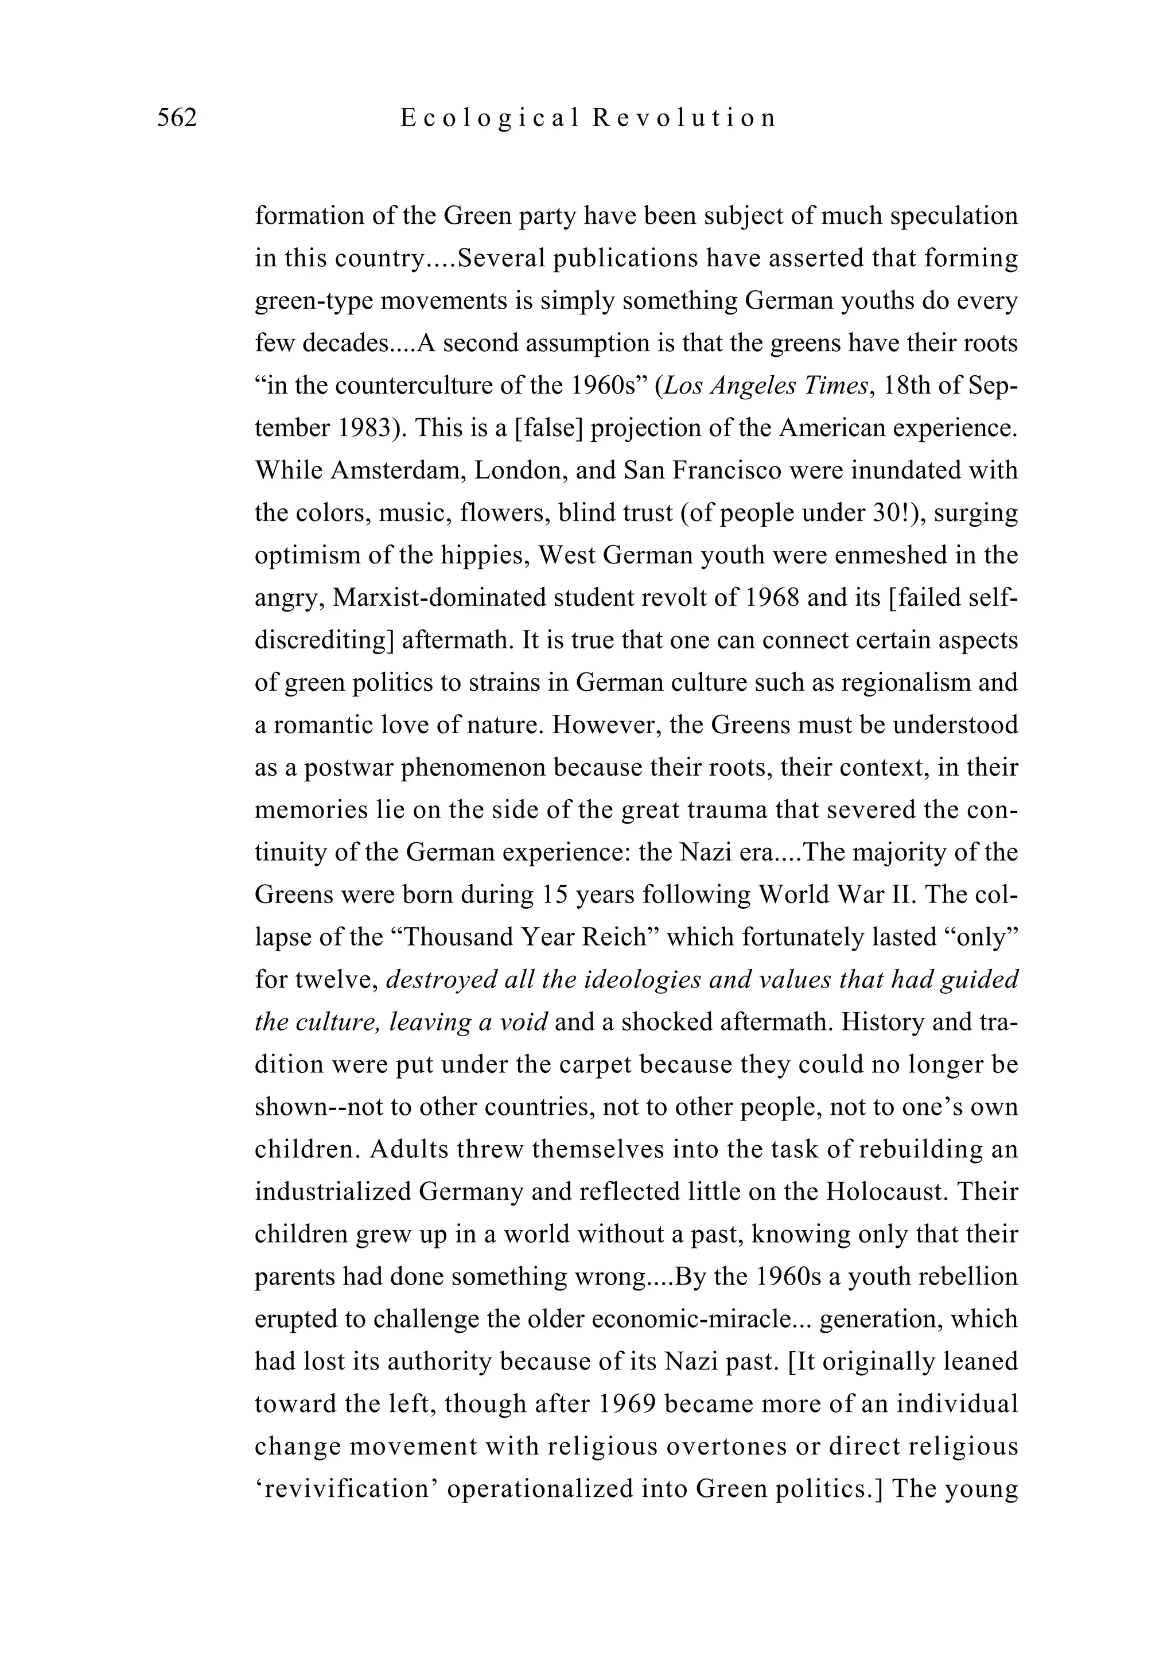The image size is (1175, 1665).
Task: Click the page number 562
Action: coord(177,118)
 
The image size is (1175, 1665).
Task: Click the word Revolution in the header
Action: coord(684,118)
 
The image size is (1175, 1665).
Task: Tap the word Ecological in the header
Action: coord(491,118)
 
